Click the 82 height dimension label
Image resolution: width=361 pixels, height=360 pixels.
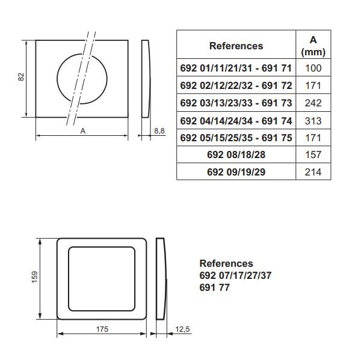click(21, 77)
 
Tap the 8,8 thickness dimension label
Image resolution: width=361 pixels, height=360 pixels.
click(159, 130)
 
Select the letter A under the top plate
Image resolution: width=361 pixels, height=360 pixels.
click(83, 130)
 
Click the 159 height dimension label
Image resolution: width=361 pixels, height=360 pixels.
click(34, 277)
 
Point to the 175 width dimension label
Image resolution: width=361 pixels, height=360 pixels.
click(102, 329)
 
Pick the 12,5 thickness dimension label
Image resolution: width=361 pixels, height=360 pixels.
click(182, 329)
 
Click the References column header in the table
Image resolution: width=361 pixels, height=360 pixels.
click(236, 46)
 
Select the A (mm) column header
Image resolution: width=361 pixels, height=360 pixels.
click(313, 46)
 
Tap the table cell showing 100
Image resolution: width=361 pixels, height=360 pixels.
click(313, 68)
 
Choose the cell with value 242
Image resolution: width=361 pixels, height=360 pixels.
click(313, 103)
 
